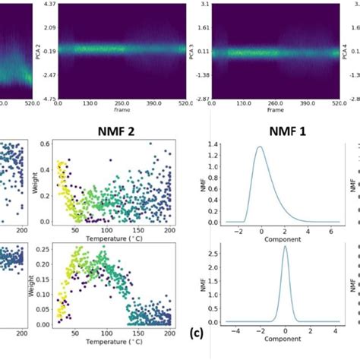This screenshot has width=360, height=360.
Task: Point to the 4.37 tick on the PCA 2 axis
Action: pos(49,5)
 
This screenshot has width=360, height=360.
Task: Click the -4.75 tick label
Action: pos(47,99)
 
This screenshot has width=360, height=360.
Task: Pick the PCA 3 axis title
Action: pos(191,51)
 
